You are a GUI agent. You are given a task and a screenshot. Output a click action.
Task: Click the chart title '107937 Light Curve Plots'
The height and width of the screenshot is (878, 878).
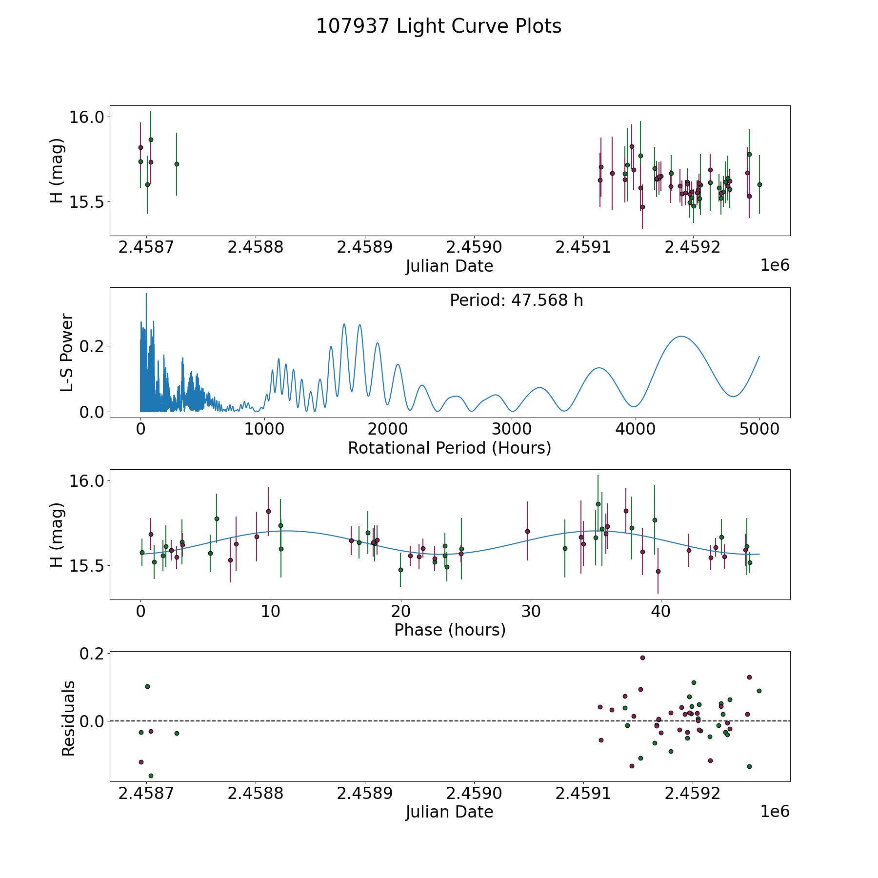click(x=439, y=26)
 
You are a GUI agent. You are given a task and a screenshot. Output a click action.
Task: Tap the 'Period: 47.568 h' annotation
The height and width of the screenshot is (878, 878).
click(x=516, y=300)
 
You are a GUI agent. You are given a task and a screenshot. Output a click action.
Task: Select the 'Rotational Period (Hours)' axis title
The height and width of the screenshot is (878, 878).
click(x=449, y=448)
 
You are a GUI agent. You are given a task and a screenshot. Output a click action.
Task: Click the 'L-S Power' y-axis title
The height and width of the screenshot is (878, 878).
click(x=67, y=353)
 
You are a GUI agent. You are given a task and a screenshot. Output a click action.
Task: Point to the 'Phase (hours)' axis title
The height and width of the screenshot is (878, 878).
click(x=450, y=630)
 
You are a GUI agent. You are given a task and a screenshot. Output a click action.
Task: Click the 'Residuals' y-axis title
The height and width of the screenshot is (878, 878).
click(x=68, y=718)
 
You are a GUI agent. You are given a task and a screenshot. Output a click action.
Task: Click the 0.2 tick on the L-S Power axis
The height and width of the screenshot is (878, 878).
click(x=92, y=346)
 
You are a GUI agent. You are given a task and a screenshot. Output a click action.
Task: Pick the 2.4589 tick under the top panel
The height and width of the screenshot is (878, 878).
click(x=364, y=247)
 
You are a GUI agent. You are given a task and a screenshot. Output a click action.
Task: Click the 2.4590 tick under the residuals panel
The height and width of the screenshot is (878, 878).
click(x=474, y=794)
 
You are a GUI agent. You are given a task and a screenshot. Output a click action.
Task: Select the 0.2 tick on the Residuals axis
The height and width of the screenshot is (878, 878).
click(x=92, y=653)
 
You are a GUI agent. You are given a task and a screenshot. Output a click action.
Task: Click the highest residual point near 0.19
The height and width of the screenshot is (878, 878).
click(x=642, y=658)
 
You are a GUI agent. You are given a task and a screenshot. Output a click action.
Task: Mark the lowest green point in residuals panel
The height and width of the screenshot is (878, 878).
click(x=151, y=776)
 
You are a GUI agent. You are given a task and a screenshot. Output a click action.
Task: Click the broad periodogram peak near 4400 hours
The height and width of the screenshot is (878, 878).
click(x=680, y=337)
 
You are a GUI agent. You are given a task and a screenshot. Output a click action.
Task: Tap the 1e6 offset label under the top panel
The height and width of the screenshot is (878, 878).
click(x=775, y=265)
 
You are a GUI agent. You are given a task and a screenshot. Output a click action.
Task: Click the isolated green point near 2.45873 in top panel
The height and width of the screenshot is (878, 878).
click(x=177, y=164)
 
